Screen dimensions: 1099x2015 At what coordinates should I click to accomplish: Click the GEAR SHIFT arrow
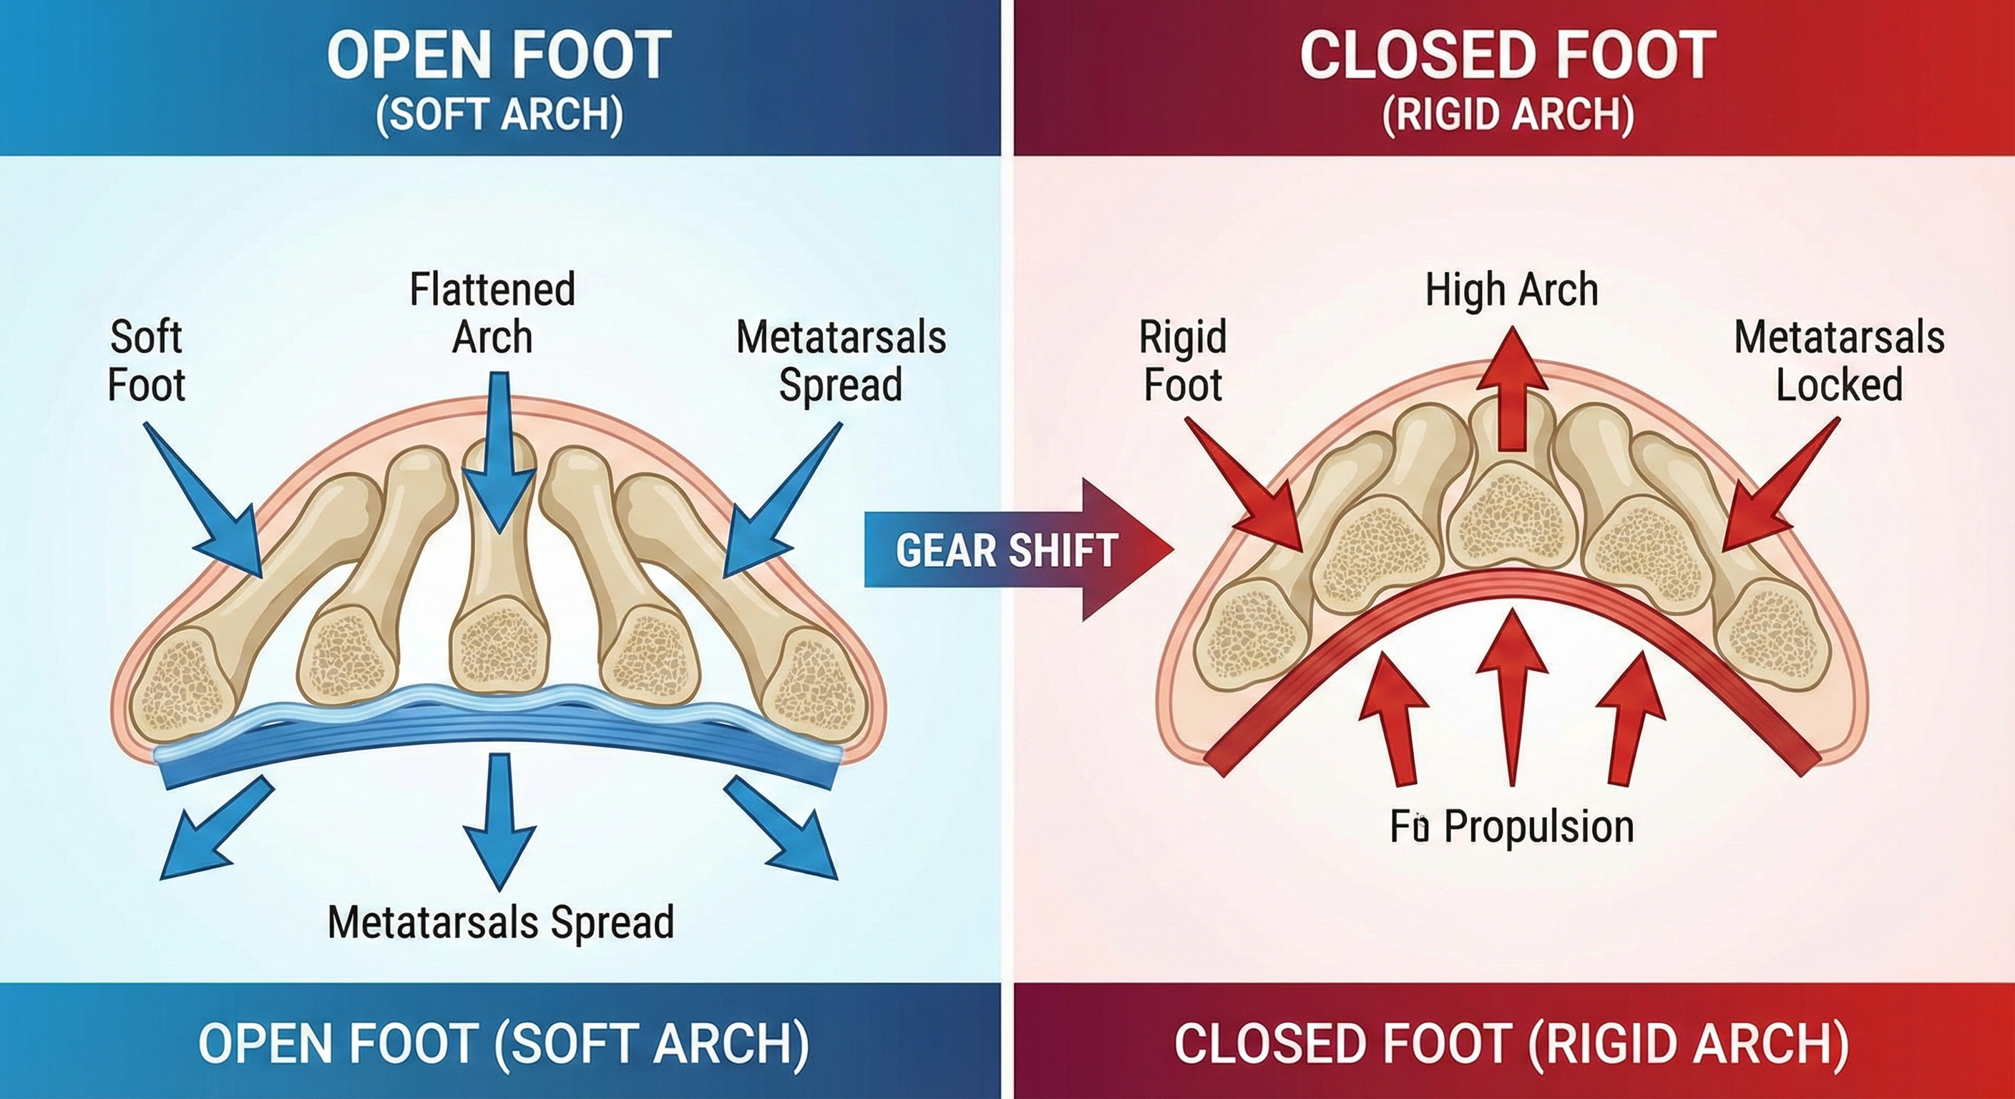[x=1009, y=551]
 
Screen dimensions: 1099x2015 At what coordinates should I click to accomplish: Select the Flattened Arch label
[x=493, y=313]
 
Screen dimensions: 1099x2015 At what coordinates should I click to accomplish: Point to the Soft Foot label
[x=146, y=361]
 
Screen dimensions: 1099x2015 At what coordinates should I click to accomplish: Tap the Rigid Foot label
[x=1183, y=361]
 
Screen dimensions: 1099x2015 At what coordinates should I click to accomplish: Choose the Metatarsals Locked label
[x=1839, y=361]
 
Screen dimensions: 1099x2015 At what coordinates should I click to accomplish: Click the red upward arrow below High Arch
[x=1512, y=391]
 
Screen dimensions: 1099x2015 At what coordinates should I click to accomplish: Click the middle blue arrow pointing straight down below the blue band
[x=498, y=821]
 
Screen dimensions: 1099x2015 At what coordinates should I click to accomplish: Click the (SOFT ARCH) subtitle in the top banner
[x=498, y=115]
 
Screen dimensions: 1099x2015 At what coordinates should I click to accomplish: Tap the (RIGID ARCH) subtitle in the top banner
[x=1508, y=115]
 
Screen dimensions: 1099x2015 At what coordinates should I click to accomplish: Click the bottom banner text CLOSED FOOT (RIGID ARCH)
[x=1511, y=1042]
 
